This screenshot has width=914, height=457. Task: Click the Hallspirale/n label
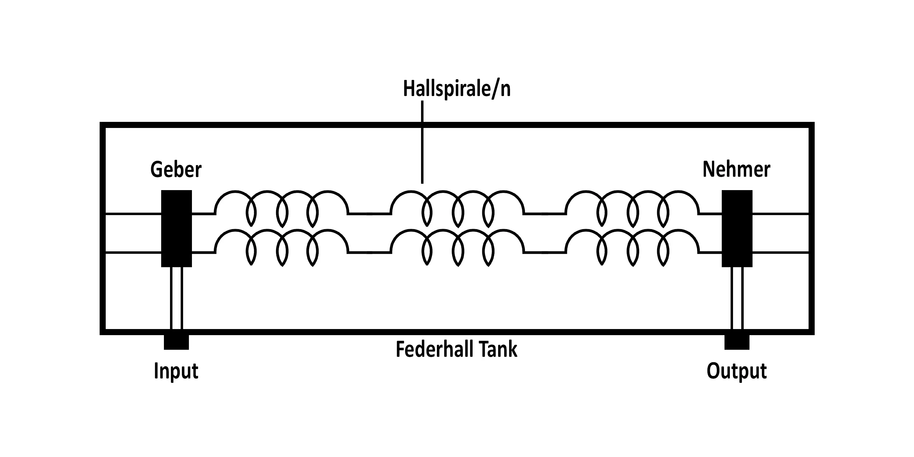point(457,89)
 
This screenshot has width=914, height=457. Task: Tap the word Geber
point(176,170)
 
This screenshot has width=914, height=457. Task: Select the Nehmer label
point(736,169)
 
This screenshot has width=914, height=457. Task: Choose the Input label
point(176,371)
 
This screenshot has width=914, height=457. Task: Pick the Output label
point(737,371)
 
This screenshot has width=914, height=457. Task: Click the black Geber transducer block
point(176,228)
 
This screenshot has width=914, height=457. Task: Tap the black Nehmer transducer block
point(737,228)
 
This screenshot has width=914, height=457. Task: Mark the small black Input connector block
point(176,342)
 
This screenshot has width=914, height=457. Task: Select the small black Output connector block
point(737,342)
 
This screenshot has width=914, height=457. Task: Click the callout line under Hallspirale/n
point(422,142)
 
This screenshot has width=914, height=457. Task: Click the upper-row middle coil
point(457,207)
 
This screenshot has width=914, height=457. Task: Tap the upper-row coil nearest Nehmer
point(632,207)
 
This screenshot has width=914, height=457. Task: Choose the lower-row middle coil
point(457,246)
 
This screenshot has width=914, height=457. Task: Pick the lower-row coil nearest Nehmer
point(632,246)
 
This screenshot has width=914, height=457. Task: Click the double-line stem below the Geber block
point(176,298)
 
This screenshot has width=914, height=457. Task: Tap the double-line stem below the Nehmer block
point(737,298)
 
